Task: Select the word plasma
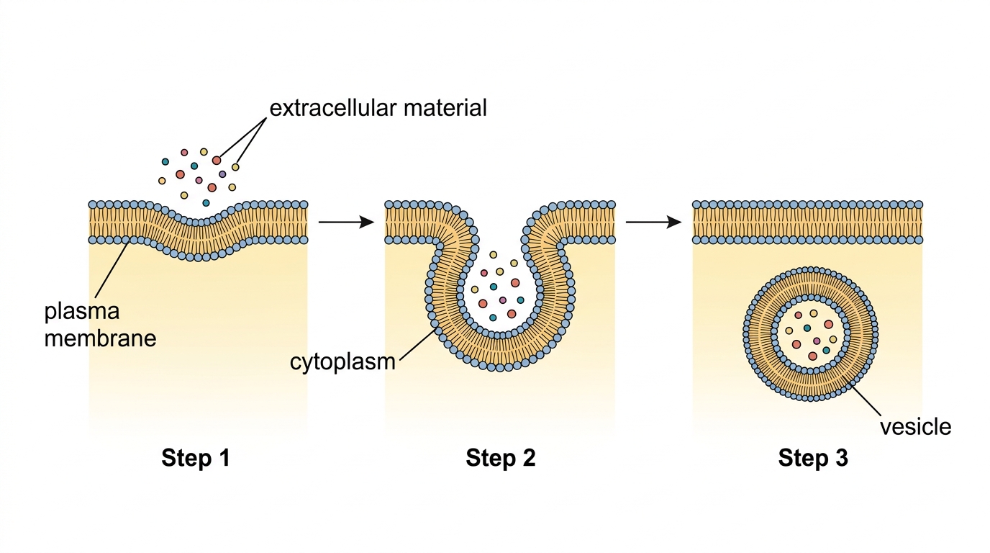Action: (82, 313)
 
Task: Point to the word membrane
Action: (100, 339)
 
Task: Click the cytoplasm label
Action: (342, 363)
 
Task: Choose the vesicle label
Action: (915, 427)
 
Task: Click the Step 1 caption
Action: (196, 458)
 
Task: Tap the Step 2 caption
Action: (501, 458)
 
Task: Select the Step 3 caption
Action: (813, 458)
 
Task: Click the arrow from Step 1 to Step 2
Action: (346, 222)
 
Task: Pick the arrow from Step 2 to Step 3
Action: (654, 222)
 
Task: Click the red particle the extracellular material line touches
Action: (216, 160)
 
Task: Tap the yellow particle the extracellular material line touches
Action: (235, 167)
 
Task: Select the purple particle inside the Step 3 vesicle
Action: (817, 341)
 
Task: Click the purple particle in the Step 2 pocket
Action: (502, 300)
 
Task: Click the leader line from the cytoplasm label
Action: (417, 345)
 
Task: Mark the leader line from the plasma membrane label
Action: (112, 269)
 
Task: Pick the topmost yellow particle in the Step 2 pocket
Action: (494, 255)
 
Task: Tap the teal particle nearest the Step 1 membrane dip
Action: (206, 203)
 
